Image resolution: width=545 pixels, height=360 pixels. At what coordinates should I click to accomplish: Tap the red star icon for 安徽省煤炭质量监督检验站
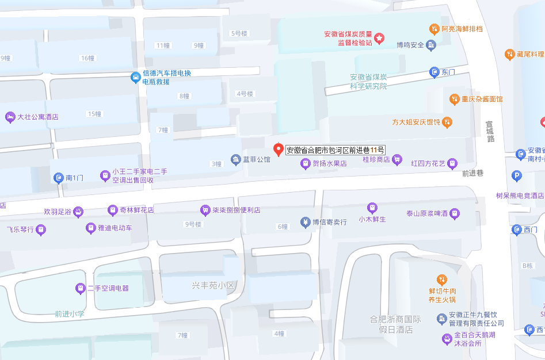[379, 39]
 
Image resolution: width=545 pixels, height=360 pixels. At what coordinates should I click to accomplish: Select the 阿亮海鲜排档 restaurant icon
[435, 29]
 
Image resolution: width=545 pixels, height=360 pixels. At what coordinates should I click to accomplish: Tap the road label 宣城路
[490, 131]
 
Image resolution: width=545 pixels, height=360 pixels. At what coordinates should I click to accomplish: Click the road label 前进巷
[472, 172]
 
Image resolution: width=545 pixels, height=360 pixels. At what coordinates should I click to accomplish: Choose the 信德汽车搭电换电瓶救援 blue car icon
[135, 77]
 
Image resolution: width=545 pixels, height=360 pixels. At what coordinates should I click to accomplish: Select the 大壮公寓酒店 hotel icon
[10, 117]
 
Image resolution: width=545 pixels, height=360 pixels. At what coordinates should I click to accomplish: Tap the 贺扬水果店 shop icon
[305, 164]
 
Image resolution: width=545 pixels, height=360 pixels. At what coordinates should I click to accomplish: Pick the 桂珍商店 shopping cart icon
[397, 159]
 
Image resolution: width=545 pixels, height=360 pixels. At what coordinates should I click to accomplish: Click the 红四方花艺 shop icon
[452, 163]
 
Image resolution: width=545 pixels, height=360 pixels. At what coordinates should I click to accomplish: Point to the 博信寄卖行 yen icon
[305, 222]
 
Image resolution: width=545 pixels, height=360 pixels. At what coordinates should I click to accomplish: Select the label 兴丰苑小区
[214, 285]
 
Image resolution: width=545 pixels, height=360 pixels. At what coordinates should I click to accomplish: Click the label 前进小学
[70, 314]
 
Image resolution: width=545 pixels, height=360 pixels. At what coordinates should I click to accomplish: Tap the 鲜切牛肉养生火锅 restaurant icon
[441, 280]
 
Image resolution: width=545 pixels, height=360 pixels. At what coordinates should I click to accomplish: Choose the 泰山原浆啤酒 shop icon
[455, 213]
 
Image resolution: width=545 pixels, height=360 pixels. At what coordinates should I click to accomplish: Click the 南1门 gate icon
[58, 178]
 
